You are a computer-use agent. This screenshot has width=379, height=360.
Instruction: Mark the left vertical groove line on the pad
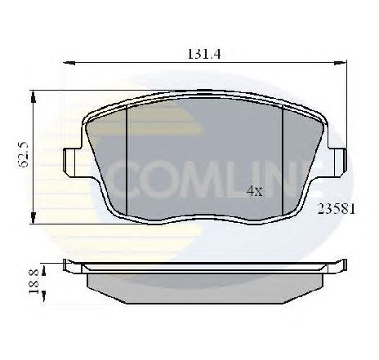pos(128,157)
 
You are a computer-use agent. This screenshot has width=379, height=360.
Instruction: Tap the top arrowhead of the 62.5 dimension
pos(33,96)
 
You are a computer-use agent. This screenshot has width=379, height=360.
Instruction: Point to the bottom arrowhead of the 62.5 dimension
pos(33,219)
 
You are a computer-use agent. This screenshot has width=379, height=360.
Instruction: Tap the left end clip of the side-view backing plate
pos(72,266)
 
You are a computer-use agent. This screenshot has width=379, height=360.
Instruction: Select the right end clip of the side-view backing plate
pos(337,266)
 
